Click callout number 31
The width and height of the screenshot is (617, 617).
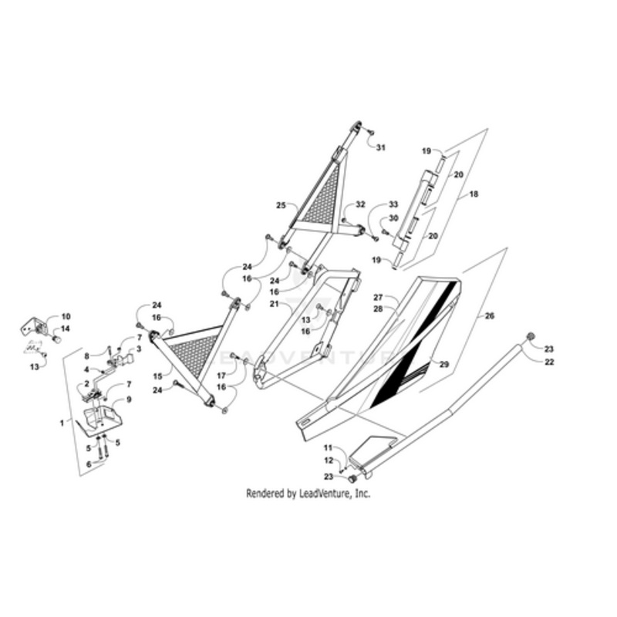click(x=380, y=148)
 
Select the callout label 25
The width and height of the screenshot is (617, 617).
click(x=281, y=206)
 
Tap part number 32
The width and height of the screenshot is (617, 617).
click(x=359, y=205)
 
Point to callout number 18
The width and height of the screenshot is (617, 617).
click(x=474, y=195)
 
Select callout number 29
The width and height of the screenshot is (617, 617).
click(x=443, y=363)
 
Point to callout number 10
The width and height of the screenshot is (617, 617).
click(x=66, y=316)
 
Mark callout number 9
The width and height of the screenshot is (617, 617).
click(x=129, y=399)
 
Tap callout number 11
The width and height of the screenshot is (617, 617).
click(x=327, y=448)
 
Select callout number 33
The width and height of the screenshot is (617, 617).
click(x=393, y=204)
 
